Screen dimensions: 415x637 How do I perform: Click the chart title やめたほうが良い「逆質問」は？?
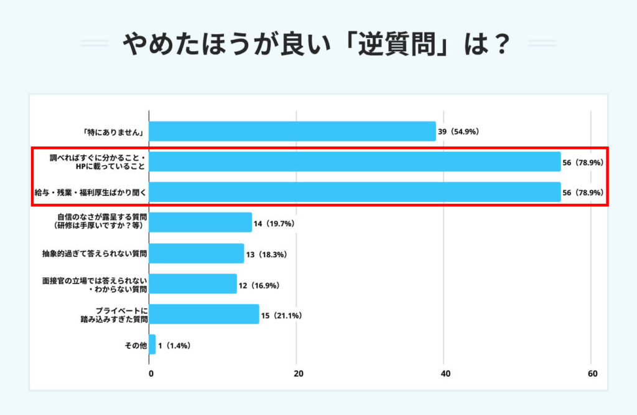(318, 44)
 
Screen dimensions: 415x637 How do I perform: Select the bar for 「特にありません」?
(292, 131)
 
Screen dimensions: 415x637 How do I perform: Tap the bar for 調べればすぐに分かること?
(355, 162)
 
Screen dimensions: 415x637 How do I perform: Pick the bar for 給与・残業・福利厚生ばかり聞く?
(355, 192)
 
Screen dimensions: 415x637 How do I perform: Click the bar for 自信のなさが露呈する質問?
(200, 222)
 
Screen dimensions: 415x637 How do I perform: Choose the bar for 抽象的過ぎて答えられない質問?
(197, 253)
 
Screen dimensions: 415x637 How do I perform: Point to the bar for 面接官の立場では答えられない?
(193, 284)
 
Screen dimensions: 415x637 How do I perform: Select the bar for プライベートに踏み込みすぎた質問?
(204, 314)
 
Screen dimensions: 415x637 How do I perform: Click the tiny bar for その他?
(152, 345)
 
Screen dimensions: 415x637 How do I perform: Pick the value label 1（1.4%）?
(175, 345)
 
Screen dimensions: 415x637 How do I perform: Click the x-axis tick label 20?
(298, 374)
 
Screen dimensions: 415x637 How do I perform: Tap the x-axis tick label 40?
(445, 374)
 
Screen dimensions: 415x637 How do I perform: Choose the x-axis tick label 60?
(592, 374)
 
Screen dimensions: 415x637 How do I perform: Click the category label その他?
(136, 345)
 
